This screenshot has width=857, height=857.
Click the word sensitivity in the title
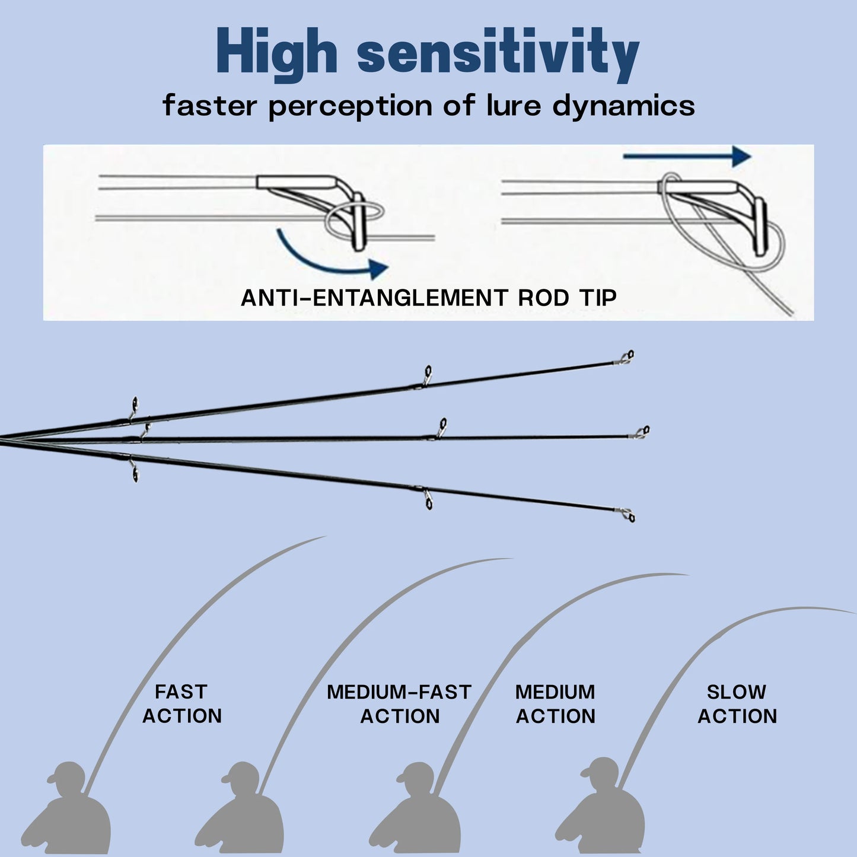(498, 55)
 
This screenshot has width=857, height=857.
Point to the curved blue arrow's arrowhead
(377, 269)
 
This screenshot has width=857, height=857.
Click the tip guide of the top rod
(627, 357)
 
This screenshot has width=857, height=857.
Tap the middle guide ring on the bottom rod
(428, 500)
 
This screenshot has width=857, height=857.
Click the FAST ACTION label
(181, 704)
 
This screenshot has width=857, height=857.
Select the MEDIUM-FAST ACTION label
(399, 704)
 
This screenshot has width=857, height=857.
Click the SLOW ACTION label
(737, 704)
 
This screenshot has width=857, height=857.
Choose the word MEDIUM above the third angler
(555, 692)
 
